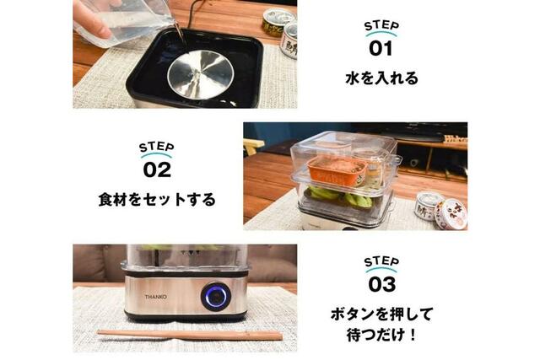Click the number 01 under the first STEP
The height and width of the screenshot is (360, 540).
[381, 49]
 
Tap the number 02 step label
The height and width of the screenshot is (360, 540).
[157, 169]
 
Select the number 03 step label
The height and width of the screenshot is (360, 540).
[382, 285]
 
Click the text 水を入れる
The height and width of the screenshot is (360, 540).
[381, 78]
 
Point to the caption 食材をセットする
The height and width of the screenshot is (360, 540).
[157, 200]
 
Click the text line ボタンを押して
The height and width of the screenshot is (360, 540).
[381, 314]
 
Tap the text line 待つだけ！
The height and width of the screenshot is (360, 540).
[381, 335]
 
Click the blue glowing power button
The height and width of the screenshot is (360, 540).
[216, 296]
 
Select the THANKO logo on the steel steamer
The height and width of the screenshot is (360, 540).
[155, 297]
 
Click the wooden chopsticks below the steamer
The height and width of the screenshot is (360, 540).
[190, 334]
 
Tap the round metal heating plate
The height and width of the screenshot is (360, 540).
[201, 74]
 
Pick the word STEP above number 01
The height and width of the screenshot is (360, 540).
[381, 26]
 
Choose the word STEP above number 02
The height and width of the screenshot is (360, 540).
[157, 147]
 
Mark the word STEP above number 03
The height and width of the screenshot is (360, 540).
[381, 262]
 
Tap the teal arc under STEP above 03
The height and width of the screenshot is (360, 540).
[381, 270]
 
